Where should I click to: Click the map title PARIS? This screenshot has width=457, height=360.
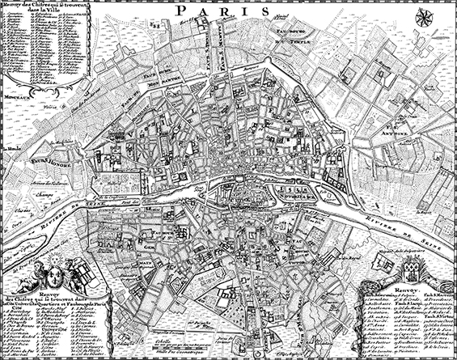click(228, 13)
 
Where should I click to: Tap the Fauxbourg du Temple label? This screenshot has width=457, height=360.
click(289, 36)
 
